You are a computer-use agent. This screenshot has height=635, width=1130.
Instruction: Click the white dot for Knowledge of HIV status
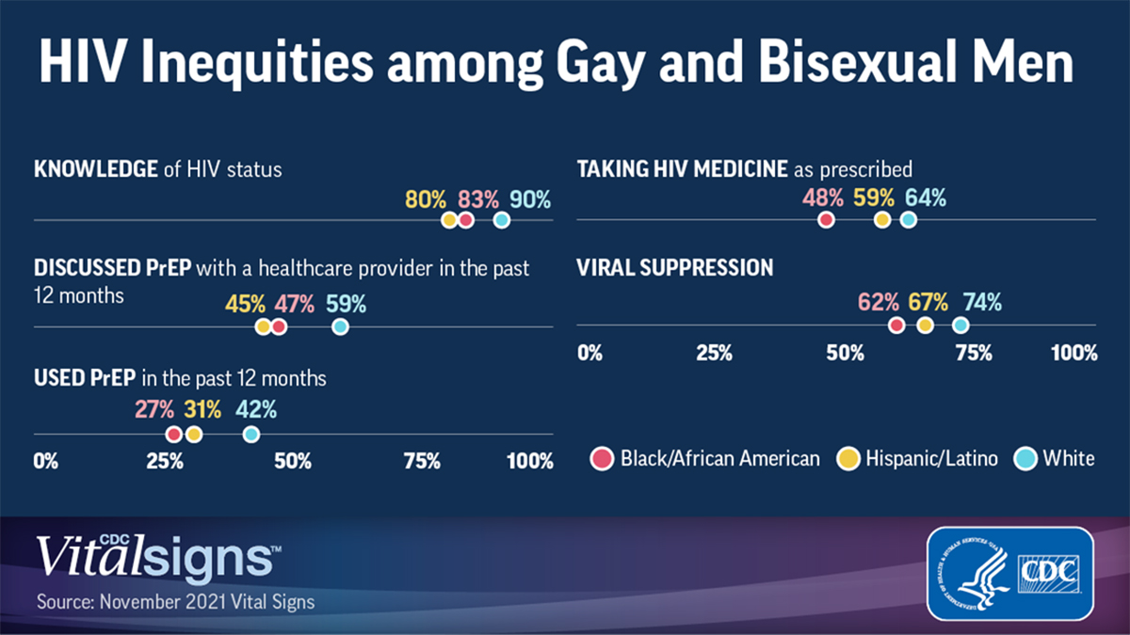point(502,219)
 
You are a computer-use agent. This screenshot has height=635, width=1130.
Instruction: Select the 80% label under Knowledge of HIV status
point(426,199)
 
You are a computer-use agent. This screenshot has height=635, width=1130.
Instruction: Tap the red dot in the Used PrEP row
point(173,434)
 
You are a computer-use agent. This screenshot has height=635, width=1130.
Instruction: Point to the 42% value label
point(256,410)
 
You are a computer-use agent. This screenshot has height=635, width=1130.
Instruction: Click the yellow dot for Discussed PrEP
point(264,326)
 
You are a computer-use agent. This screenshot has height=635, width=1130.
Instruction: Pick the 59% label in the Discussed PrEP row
point(346,305)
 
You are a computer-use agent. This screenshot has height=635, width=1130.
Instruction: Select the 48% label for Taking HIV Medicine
point(823,198)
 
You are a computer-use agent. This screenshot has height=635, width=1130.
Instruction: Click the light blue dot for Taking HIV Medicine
point(908,219)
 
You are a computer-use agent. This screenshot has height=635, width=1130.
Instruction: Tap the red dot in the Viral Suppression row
point(896,325)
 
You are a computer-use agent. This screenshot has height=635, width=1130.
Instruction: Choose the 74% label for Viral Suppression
point(982,303)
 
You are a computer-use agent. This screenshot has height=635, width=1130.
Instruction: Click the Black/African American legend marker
point(602,458)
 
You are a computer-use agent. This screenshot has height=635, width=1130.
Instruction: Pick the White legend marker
point(1025,458)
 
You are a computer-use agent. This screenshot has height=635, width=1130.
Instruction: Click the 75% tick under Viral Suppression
point(973,354)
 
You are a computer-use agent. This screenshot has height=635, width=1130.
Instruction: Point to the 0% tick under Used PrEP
point(45,461)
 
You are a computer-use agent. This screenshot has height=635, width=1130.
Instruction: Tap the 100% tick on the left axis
point(530,461)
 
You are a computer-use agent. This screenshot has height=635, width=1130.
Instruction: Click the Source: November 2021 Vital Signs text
point(175,600)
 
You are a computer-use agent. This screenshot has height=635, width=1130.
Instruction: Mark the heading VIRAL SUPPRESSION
point(674,268)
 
